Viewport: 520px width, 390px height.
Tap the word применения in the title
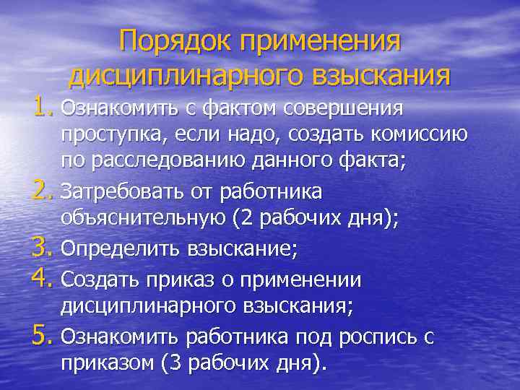(318, 40)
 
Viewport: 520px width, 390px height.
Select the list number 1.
(43, 108)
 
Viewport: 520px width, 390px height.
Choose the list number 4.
(43, 278)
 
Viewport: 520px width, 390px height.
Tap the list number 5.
(43, 335)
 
